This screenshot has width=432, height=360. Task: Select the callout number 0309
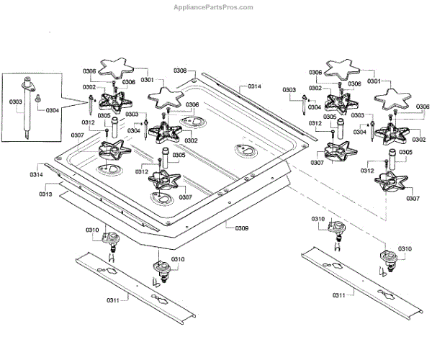pos(242,228)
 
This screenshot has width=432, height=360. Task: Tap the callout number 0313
pos(46,194)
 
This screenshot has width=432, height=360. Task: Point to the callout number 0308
pos(180,71)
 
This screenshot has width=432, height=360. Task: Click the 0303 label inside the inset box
pos(16,102)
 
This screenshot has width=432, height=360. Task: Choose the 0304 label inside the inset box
pos(52,110)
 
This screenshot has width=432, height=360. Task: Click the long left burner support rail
pos(133,284)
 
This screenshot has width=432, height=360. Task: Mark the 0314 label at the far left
pos(36,175)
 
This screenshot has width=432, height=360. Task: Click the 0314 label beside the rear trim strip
pos(254,86)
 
